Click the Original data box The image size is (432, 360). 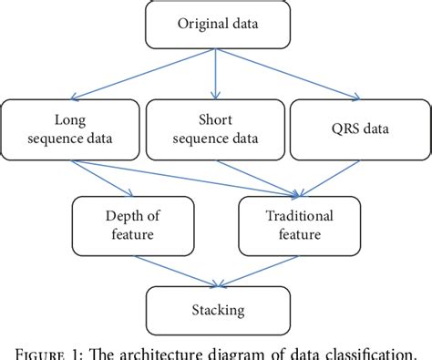[x=215, y=25]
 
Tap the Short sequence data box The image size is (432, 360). [x=214, y=129]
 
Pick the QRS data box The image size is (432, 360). [x=357, y=129]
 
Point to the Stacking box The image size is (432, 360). [x=215, y=311]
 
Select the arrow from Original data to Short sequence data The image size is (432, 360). [x=215, y=73]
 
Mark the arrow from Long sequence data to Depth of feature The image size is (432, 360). [x=105, y=178]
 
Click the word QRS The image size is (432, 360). [x=342, y=129]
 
